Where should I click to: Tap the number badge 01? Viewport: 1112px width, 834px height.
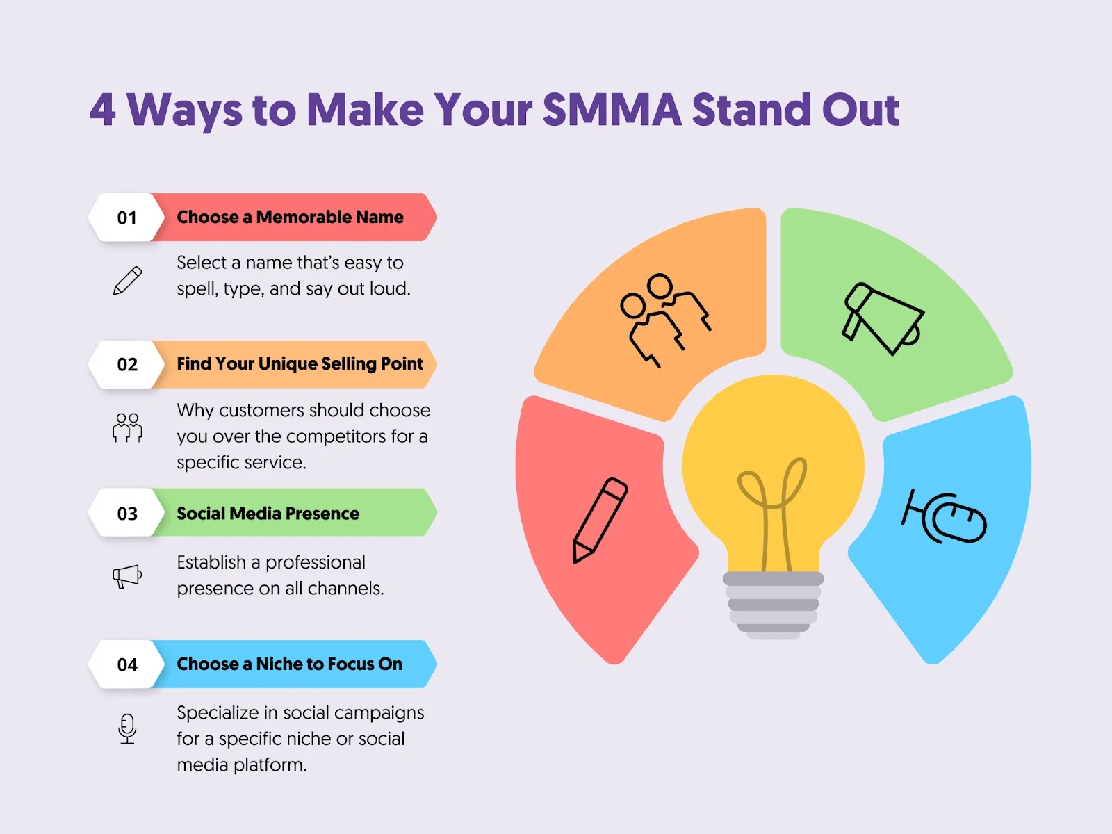coord(127,218)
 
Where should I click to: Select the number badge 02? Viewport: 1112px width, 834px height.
coord(127,365)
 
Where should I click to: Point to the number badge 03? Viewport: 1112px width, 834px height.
coord(127,514)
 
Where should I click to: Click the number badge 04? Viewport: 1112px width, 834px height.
coord(127,665)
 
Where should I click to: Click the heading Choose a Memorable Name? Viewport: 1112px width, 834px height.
coord(290,218)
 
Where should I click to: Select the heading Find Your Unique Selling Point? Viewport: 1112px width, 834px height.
coord(300,364)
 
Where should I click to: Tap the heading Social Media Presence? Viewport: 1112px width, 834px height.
coord(268,514)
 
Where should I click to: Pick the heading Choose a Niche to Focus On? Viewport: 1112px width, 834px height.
coord(289,664)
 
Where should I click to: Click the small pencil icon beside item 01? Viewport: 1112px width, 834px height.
coord(127,281)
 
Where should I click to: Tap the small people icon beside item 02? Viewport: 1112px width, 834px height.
coord(127,427)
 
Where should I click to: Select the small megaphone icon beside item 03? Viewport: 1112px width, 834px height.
coord(127,576)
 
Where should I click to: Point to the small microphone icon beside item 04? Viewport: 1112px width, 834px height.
coord(127,728)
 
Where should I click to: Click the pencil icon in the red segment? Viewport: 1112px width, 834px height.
coord(600,520)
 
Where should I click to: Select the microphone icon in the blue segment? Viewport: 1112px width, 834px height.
coord(945,516)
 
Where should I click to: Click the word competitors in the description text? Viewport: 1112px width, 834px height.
coord(336,436)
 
